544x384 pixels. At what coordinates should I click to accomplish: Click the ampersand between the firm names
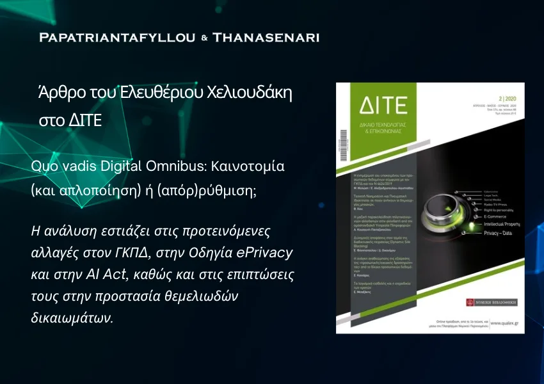[x=204, y=38]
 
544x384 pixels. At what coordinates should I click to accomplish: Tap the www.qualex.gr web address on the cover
[x=504, y=323]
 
